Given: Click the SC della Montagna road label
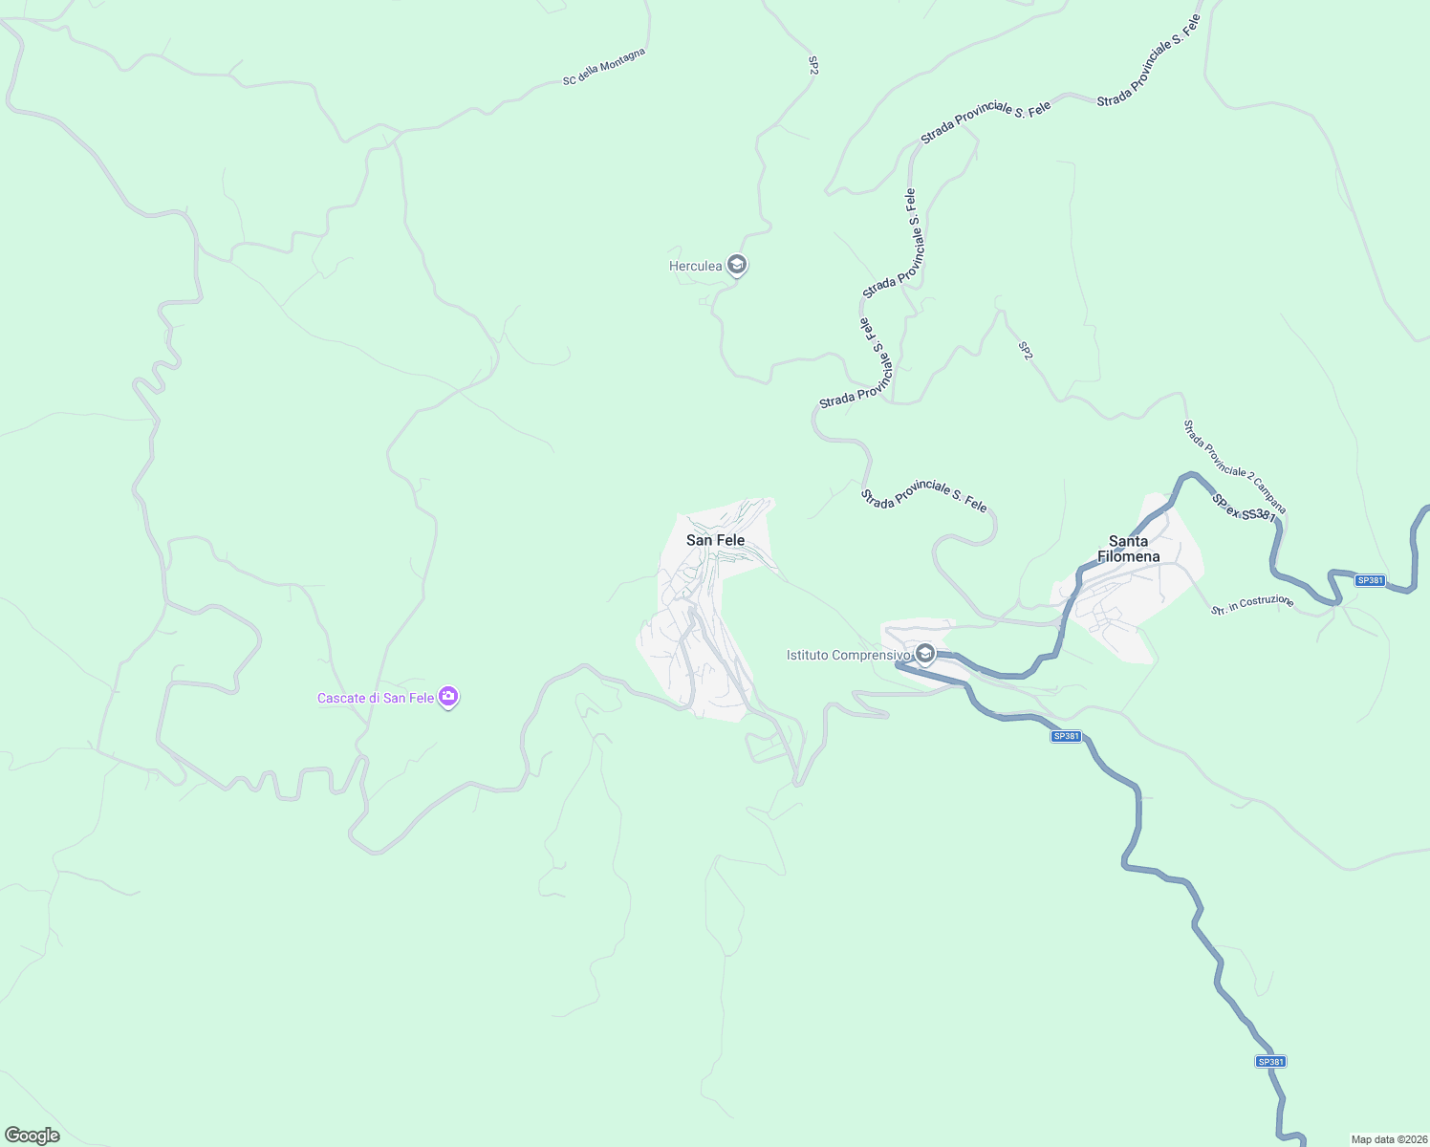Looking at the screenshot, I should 604,67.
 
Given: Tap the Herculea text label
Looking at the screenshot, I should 695,266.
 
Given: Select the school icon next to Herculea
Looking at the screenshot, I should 736,265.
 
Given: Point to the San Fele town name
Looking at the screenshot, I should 715,540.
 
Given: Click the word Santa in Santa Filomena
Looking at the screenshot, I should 1128,541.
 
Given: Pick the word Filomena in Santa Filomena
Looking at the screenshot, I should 1128,556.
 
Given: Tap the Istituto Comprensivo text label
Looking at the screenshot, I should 848,655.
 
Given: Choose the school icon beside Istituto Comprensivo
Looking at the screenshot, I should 924,654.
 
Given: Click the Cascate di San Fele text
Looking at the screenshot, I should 376,698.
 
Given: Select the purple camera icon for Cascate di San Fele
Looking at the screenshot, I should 448,697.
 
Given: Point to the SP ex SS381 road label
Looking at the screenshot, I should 1244,508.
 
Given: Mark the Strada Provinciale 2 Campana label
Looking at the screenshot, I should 1235,466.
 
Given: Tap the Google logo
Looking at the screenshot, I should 32,1136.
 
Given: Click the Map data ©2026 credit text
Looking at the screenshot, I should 1388,1139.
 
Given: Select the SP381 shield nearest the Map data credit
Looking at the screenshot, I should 1270,1061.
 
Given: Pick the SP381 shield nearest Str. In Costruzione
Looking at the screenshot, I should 1370,580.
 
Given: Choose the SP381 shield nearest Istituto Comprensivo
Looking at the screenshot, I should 1066,736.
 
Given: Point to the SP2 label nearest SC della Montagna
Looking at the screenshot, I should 813,65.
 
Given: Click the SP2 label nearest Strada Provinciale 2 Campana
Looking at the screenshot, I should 1026,351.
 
